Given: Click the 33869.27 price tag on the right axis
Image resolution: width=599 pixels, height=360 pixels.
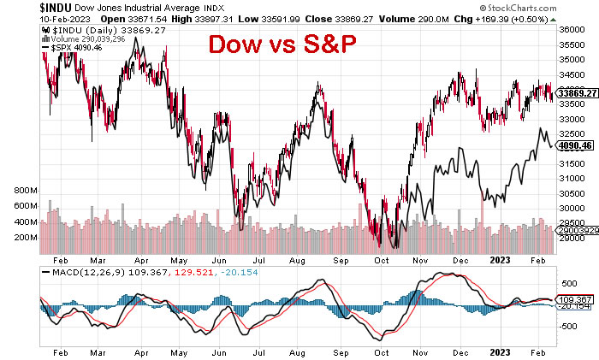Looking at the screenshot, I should (x=576, y=94).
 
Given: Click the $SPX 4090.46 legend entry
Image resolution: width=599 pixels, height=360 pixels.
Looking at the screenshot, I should (x=71, y=47).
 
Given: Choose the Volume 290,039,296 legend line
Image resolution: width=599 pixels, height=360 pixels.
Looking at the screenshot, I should (x=79, y=38).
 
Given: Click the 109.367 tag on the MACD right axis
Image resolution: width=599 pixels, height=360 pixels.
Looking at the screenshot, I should (x=573, y=299).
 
